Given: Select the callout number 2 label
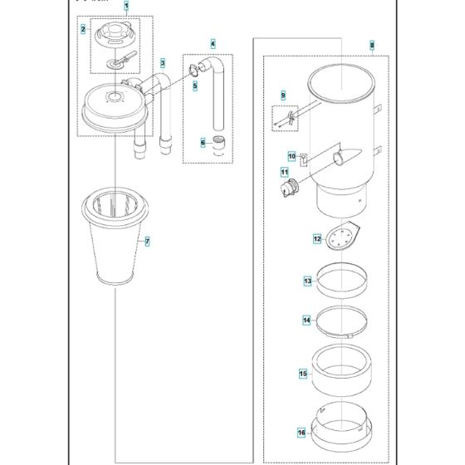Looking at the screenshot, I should click(84, 30).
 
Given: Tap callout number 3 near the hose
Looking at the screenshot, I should click(164, 62).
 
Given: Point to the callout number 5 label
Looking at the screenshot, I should click(194, 85).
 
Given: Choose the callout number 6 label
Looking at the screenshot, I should click(202, 142).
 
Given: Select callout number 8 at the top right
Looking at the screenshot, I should click(371, 44).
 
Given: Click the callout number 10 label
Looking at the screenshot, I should click(291, 155).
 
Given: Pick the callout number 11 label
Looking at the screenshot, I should click(283, 173).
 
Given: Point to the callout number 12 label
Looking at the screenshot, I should click(316, 238).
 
